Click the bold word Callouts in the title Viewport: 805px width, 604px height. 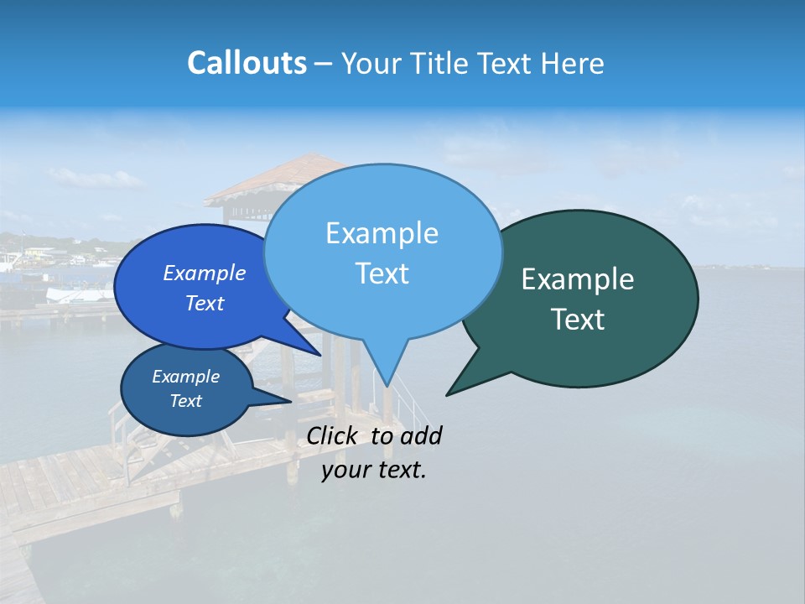(x=247, y=63)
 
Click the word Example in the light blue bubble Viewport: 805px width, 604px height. (x=382, y=233)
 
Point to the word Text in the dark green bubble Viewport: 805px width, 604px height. (x=579, y=320)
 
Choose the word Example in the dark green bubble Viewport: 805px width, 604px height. (x=578, y=279)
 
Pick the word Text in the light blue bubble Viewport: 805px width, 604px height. (x=382, y=273)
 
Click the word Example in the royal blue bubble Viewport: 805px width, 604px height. (x=205, y=273)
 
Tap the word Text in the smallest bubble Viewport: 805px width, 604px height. (x=186, y=401)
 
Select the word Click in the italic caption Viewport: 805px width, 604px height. (x=334, y=435)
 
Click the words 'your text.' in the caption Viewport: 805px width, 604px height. (x=374, y=470)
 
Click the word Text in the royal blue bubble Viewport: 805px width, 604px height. (x=205, y=304)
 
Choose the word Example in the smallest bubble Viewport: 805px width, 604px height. (x=186, y=377)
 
